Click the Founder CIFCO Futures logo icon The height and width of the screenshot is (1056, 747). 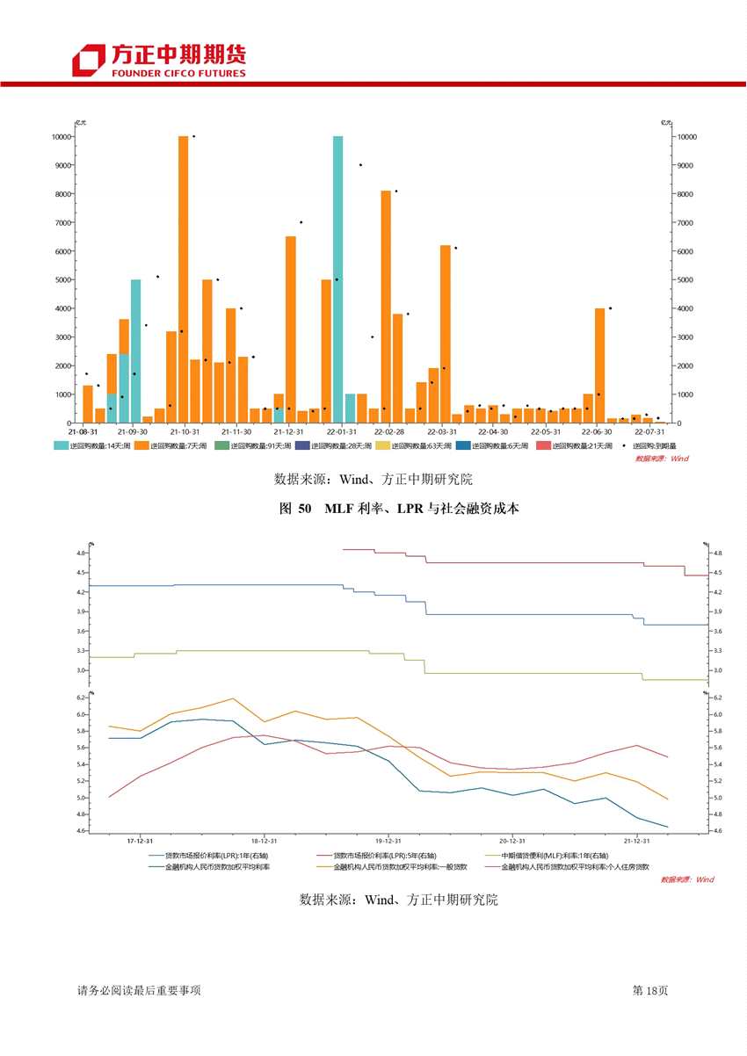click(88, 61)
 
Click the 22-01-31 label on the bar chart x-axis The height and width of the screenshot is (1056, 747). click(341, 432)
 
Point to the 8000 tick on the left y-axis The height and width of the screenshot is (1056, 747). click(61, 194)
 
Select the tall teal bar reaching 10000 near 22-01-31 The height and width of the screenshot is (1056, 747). click(337, 279)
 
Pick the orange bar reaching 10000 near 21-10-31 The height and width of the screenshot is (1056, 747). click(184, 279)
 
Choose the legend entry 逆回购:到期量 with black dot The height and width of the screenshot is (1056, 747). click(654, 446)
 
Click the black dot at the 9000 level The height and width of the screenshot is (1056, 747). click(360, 165)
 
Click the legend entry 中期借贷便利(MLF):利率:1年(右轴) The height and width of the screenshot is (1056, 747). click(543, 855)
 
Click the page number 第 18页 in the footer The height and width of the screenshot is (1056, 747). click(651, 990)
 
